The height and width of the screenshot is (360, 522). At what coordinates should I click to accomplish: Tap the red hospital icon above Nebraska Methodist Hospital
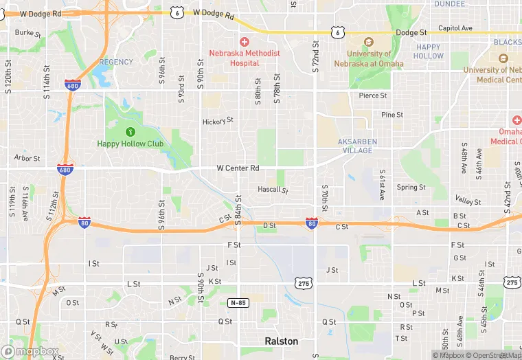244,43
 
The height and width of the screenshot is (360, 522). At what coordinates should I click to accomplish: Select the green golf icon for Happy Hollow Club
130,131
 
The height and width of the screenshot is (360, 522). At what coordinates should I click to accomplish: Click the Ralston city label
282,341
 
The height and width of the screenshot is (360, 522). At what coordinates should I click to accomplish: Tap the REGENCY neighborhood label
116,62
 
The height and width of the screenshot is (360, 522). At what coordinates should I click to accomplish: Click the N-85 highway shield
237,302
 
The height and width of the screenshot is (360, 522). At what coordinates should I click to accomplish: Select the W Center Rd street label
238,168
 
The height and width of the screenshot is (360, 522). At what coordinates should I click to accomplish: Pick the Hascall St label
273,189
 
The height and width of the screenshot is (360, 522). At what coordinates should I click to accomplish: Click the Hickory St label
218,121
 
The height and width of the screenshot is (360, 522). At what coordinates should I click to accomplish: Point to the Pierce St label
373,95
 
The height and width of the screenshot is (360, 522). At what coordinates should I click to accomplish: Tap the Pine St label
392,115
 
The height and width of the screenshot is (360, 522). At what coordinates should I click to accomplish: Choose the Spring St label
411,187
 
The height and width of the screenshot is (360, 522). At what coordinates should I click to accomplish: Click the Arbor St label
27,158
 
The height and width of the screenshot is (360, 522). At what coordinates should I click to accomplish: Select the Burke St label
28,32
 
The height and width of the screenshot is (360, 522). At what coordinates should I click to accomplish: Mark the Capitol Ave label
455,28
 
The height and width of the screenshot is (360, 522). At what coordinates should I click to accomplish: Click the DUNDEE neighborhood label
450,3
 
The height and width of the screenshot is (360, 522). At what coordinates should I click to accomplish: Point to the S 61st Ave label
383,184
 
